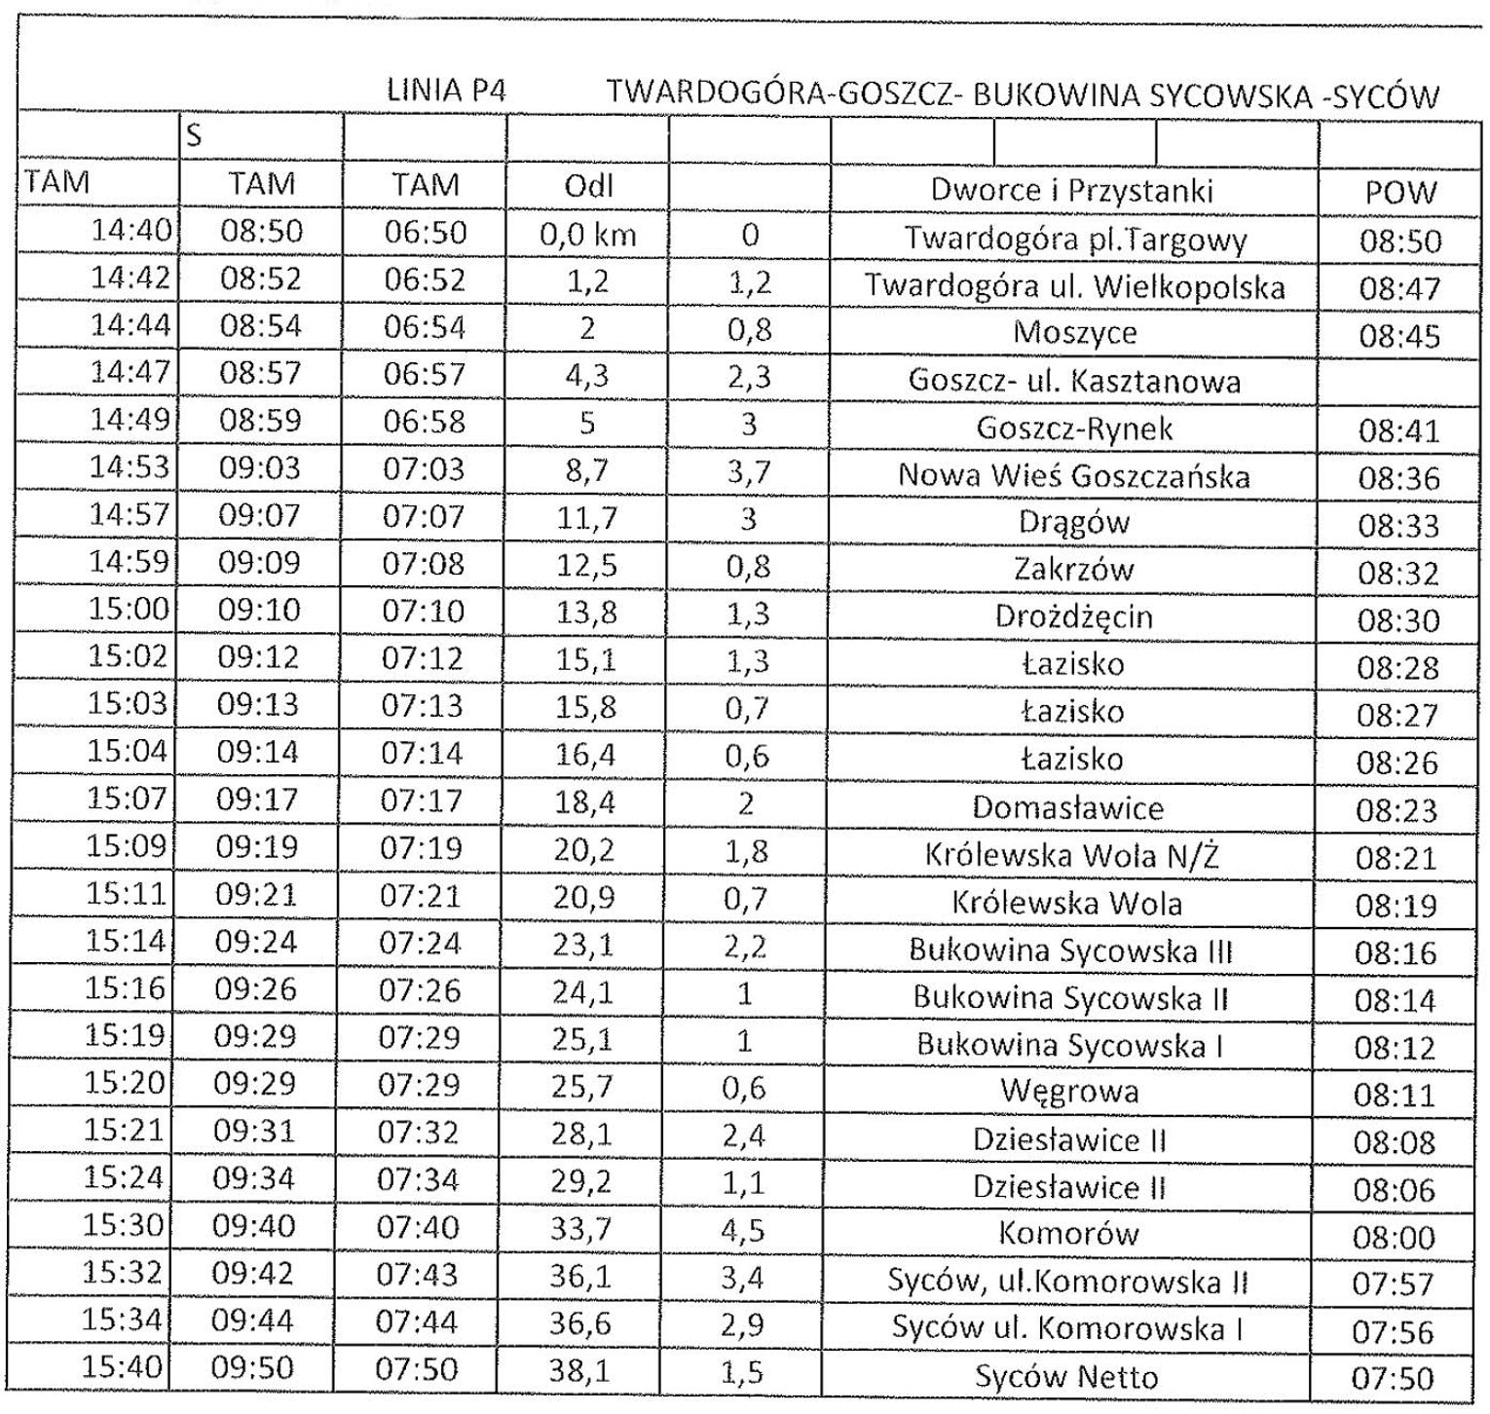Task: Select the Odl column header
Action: [588, 185]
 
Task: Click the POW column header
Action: [1400, 192]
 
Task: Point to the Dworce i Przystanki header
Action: [1071, 189]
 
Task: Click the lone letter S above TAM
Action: [195, 136]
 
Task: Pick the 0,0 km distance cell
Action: [587, 234]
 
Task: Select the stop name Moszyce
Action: [1074, 333]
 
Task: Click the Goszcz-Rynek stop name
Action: [1073, 428]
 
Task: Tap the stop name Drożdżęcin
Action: [1073, 616]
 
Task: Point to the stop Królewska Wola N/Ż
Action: [1071, 855]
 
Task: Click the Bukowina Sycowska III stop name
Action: [1070, 949]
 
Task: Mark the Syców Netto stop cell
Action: [1066, 1377]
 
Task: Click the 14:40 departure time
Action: [130, 231]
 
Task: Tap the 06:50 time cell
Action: [425, 233]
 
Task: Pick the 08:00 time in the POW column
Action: [1395, 1237]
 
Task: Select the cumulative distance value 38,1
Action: [580, 1371]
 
